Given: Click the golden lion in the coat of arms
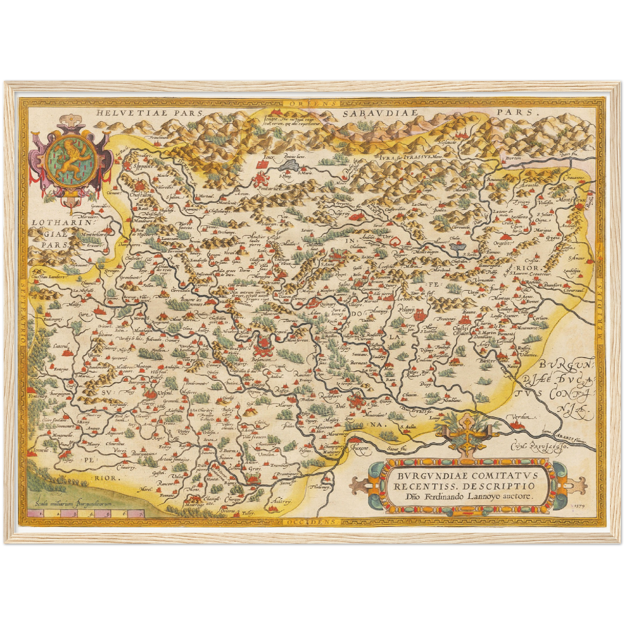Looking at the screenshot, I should (72, 160).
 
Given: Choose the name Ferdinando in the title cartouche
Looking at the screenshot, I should (445, 497).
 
